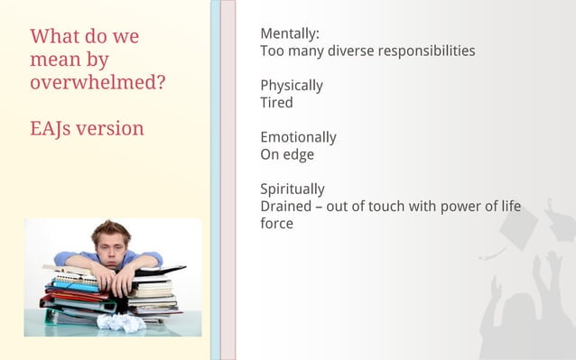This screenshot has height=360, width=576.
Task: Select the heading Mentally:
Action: click(290, 34)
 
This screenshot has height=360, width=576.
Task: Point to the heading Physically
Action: click(292, 86)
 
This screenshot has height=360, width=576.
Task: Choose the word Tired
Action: click(276, 103)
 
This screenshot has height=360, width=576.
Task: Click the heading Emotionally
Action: click(298, 137)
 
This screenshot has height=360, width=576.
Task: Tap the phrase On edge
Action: click(287, 154)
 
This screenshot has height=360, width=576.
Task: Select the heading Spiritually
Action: click(293, 189)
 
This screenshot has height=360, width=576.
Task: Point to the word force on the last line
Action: click(276, 223)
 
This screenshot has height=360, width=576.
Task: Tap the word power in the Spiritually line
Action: click(461, 207)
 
